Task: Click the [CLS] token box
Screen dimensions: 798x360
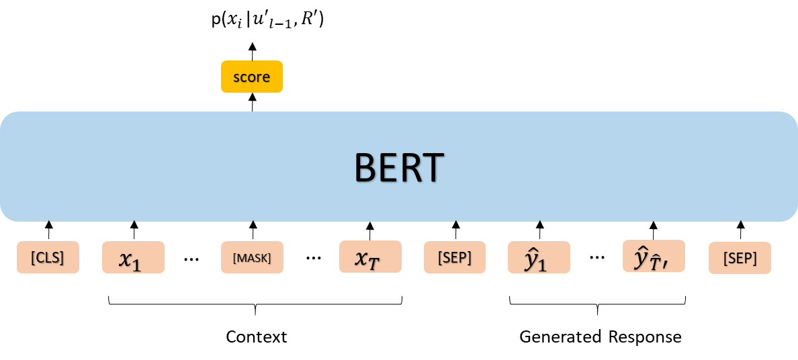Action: [48, 257]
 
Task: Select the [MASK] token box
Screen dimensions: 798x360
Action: [252, 257]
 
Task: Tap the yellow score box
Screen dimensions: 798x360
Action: [252, 77]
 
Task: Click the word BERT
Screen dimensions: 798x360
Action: [399, 168]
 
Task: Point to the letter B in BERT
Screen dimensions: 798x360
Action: [366, 168]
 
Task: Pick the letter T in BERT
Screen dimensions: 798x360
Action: [433, 168]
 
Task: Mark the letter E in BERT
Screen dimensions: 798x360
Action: [388, 168]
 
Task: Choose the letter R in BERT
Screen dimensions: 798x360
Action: [410, 168]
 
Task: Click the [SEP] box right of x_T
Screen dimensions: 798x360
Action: [455, 257]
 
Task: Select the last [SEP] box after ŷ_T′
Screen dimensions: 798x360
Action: [740, 258]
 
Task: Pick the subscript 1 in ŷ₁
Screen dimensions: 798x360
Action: [542, 265]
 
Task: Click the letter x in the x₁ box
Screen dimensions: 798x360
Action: [125, 259]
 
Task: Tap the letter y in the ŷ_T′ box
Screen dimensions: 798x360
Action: [641, 259]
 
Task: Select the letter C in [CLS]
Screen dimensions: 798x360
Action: [39, 257]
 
